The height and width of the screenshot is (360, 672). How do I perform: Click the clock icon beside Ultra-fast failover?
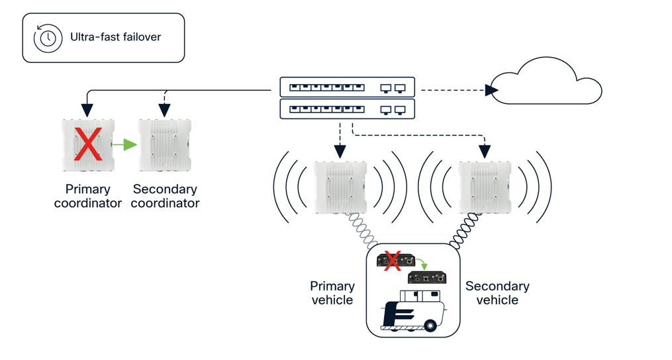coord(48,38)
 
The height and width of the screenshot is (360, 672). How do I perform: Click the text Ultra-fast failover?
coord(115,37)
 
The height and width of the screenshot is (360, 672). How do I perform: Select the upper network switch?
coord(347,87)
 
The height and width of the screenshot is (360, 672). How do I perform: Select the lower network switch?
coord(347,109)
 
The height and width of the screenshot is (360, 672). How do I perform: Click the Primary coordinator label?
coord(87,197)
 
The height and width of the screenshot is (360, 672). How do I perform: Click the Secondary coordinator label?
coord(165,197)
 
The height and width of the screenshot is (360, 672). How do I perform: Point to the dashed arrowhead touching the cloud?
coord(492,90)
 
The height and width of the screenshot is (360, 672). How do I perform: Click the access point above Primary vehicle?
coord(340,187)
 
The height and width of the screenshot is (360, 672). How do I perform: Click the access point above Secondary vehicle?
coord(485,187)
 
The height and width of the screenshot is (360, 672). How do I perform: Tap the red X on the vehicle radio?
coord(392,260)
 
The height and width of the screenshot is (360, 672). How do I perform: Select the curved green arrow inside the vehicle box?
coord(421,264)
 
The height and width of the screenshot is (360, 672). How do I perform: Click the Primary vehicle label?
coord(332,292)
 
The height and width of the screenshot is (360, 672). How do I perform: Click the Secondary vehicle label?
coord(497,292)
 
